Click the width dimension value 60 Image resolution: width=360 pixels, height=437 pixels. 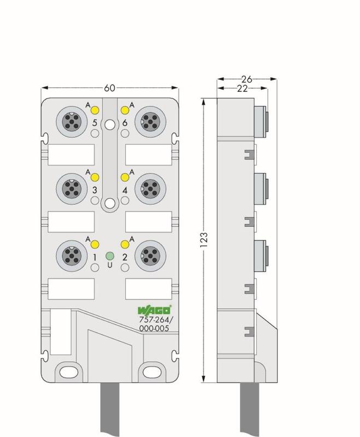point(109,88)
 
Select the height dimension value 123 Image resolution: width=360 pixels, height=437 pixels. point(204,240)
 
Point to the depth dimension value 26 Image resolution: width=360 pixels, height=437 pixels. point(246,79)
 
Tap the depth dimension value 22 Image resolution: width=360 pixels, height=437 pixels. point(242,88)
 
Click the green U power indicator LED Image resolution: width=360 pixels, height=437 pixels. point(110,256)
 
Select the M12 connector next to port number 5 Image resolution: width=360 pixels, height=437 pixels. point(72,122)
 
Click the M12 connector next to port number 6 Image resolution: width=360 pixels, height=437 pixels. point(150,122)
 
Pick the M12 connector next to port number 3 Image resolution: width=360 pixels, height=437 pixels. point(72,188)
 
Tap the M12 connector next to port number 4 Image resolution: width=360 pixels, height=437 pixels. point(150,188)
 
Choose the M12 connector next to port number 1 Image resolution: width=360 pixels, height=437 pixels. point(72,256)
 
